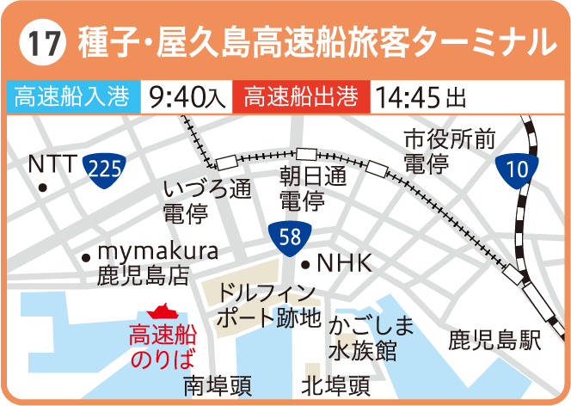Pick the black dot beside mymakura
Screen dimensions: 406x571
85,256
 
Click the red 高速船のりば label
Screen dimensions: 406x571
163,345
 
